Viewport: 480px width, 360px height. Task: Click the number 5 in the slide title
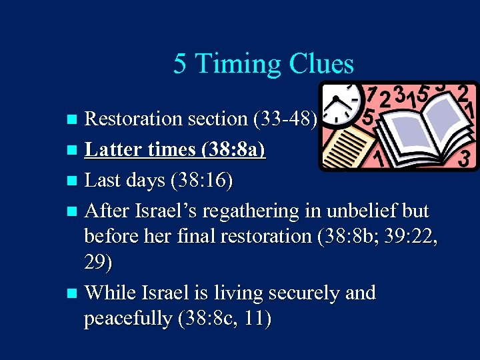179,64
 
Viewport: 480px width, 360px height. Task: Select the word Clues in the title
321,64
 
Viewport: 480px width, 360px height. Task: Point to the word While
111,293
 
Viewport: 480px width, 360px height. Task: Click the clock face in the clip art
340,101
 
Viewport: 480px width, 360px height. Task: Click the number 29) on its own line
98,263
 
